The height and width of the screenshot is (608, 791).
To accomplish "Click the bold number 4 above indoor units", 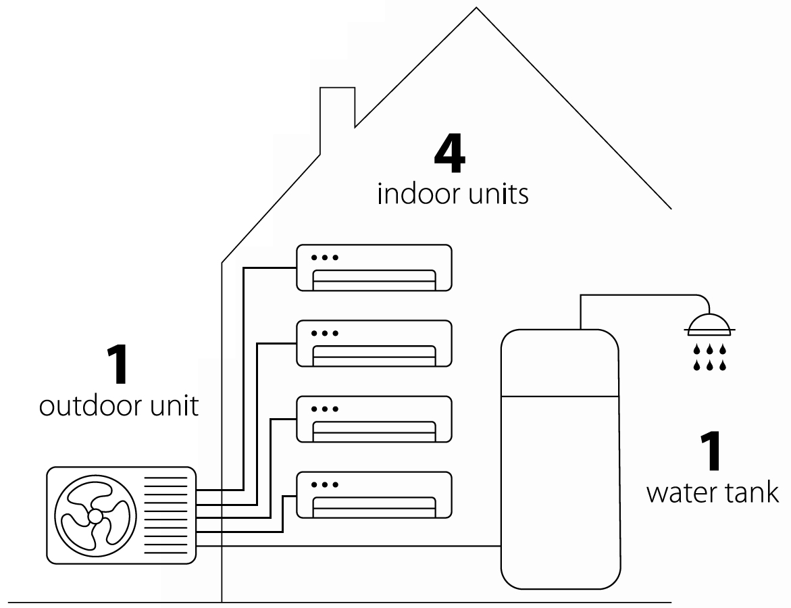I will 450,155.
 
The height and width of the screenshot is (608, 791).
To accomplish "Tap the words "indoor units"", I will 453,195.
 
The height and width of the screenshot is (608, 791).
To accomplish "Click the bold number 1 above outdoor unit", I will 119,365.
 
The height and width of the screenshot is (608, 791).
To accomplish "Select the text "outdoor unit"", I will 119,407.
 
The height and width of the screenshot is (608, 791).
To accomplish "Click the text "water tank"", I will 712,492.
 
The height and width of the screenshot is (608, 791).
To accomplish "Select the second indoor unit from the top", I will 374,344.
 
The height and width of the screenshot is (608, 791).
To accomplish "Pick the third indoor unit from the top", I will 374,420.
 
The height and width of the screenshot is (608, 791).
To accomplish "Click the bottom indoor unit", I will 374,496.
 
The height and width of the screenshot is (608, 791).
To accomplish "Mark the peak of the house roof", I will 477,9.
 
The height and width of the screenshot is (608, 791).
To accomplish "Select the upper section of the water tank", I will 559,362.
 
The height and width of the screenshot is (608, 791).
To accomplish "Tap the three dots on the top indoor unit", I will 325,257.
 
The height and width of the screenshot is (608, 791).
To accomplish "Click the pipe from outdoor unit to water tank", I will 351,545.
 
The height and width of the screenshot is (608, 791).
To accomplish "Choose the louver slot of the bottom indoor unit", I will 374,504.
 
